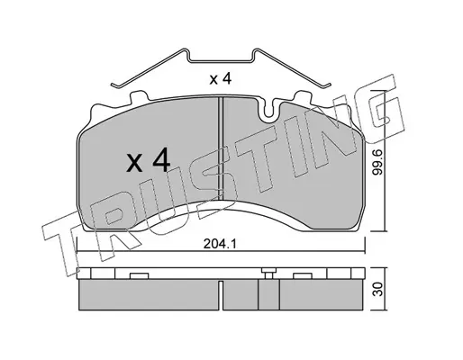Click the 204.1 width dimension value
point(220,244)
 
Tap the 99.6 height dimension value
point(377,163)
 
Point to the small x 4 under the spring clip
point(221,79)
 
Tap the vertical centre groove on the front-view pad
point(221,148)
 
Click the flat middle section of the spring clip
point(221,62)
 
